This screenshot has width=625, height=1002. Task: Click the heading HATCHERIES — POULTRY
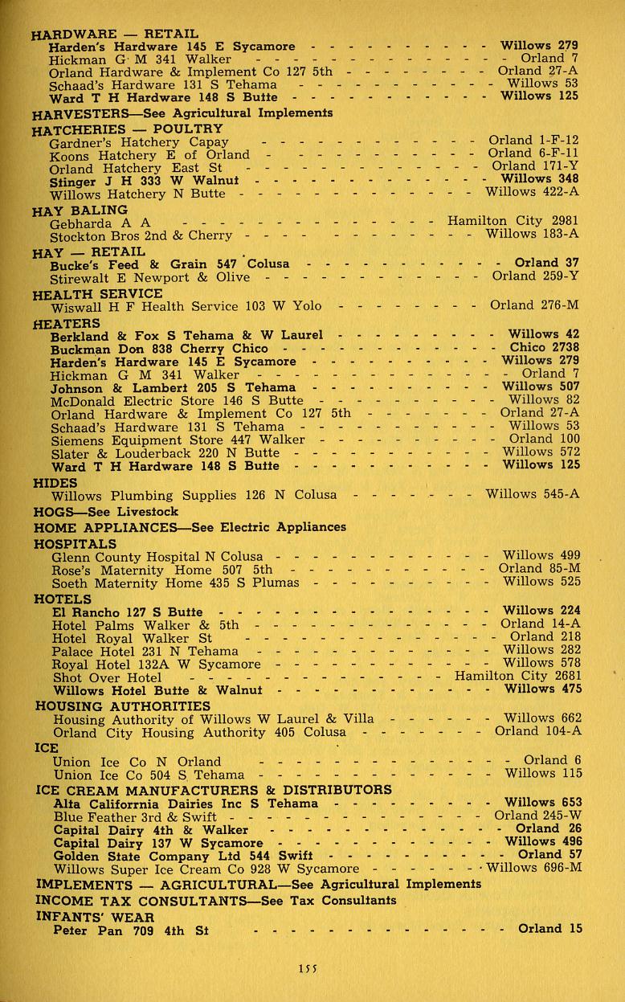click(128, 128)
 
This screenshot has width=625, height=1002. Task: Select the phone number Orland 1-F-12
click(533, 140)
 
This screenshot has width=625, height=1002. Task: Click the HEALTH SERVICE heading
click(97, 293)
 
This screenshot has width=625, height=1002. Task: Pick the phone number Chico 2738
click(544, 348)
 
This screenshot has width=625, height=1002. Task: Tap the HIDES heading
click(55, 483)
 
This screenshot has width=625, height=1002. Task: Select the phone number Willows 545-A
click(532, 495)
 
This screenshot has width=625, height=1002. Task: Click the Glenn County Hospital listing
click(157, 556)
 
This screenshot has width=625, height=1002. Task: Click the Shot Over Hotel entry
click(105, 677)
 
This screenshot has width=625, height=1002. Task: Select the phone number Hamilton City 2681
click(517, 676)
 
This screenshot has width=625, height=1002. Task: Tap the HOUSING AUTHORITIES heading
click(123, 705)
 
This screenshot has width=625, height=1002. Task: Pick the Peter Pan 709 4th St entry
click(130, 930)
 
